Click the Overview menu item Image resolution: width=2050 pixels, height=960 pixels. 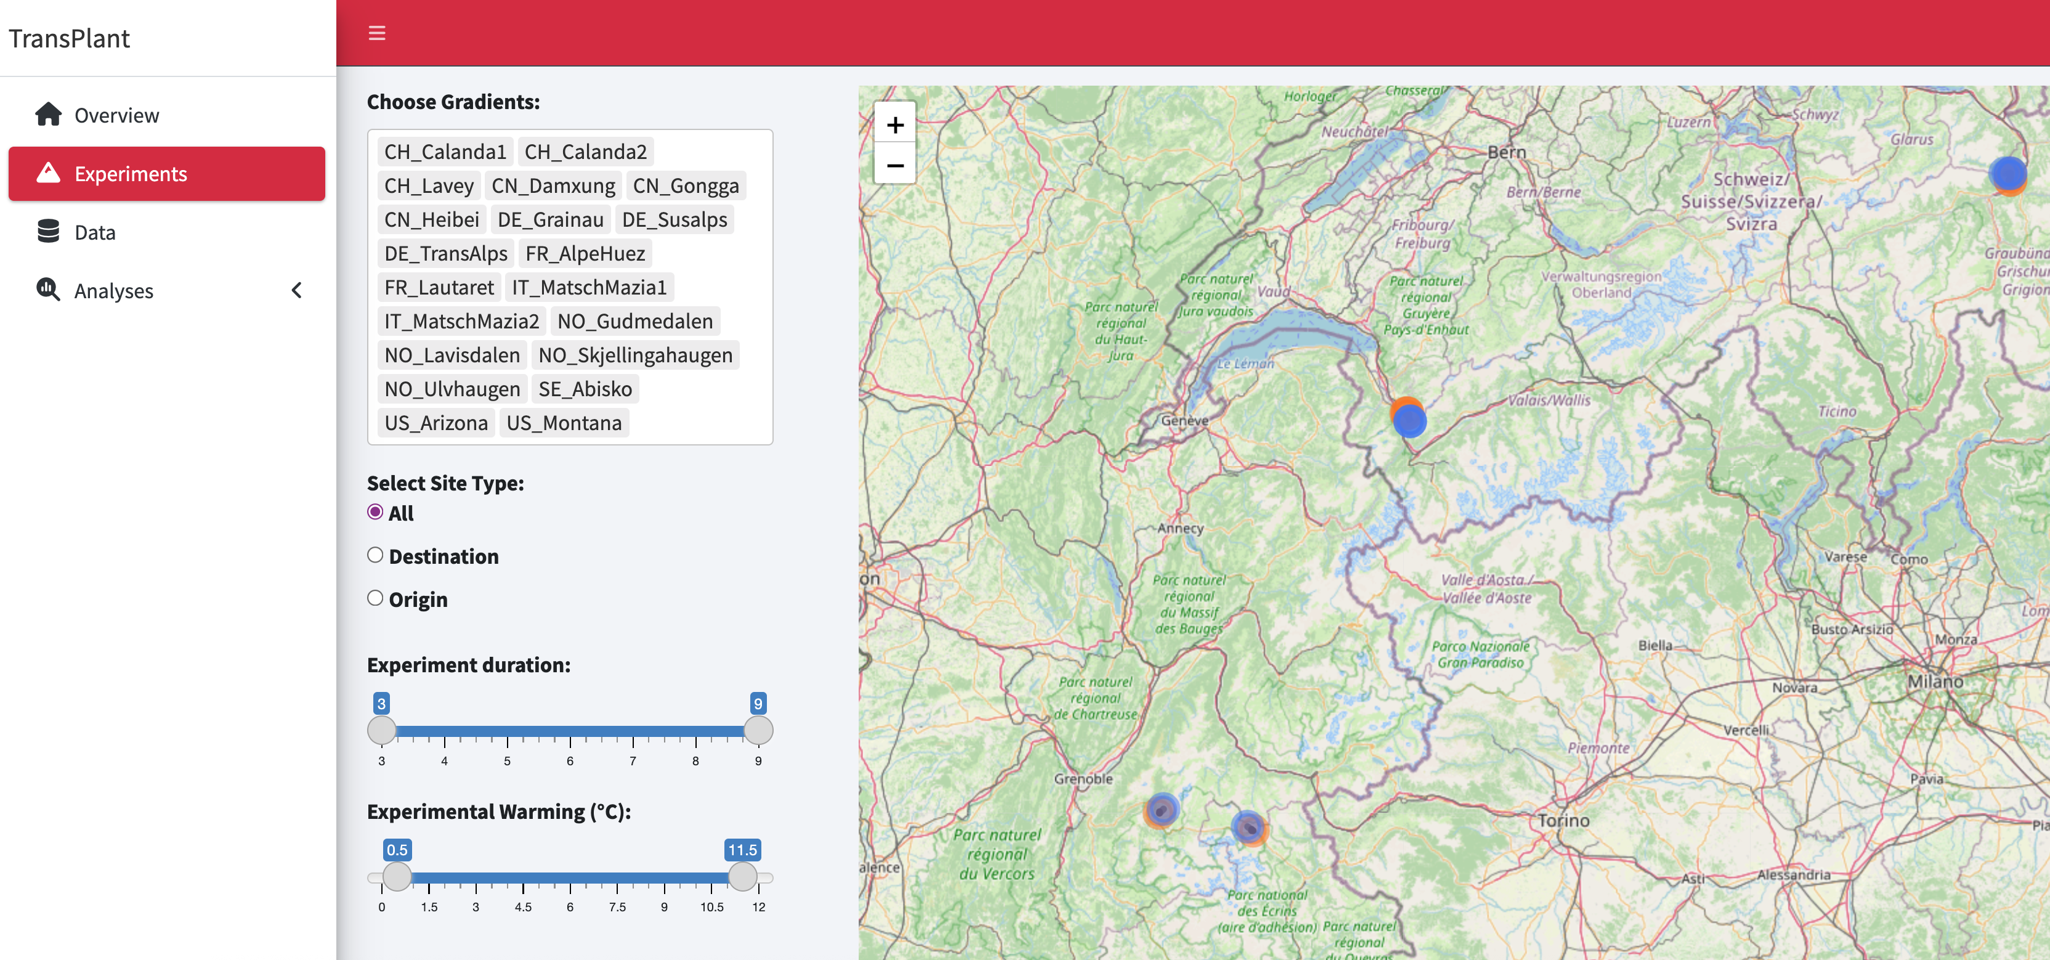(x=116, y=115)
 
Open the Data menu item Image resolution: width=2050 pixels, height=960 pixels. (x=95, y=232)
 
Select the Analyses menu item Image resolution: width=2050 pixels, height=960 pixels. (x=114, y=291)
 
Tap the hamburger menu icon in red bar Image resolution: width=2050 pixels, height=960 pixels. (x=376, y=33)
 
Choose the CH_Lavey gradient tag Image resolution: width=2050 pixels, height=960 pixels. (x=429, y=185)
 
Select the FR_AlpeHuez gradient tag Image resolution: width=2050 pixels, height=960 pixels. (x=585, y=253)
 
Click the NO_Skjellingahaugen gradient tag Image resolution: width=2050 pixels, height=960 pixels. (x=635, y=355)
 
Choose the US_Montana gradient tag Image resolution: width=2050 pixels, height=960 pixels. (x=564, y=423)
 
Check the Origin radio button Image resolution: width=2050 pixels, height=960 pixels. (x=375, y=598)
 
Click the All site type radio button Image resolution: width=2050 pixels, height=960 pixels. (x=375, y=512)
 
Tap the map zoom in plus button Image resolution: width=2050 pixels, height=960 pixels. (x=894, y=125)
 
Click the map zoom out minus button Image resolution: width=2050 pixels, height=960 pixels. (x=894, y=166)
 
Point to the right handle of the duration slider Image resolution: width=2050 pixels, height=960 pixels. (x=758, y=730)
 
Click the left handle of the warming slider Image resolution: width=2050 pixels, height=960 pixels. (x=397, y=876)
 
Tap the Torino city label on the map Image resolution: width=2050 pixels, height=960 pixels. (x=1563, y=820)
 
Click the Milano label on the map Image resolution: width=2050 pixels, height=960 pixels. (x=1935, y=681)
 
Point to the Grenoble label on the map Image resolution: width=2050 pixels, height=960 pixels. (x=1083, y=778)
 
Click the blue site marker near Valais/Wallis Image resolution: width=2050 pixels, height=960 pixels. (x=1409, y=420)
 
